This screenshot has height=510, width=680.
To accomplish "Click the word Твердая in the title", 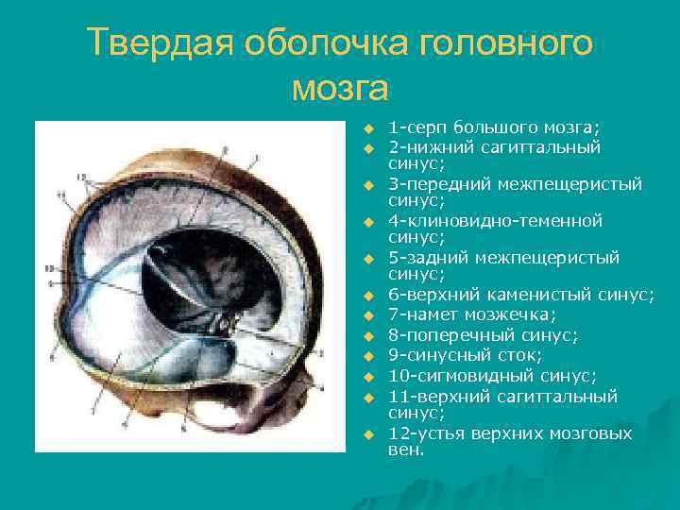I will [x=157, y=42].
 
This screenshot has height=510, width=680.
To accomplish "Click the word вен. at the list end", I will [x=406, y=450].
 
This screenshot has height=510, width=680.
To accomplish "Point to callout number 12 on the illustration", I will [x=82, y=177].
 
